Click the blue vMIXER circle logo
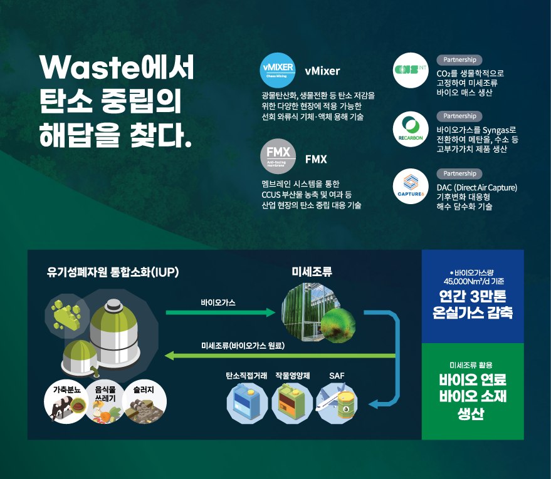[278, 70]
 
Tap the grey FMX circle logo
[278, 156]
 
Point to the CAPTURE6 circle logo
[411, 186]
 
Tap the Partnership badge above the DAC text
[459, 173]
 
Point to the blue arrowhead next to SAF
[375, 404]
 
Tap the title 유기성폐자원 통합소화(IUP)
[113, 272]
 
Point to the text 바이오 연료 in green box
[472, 381]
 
